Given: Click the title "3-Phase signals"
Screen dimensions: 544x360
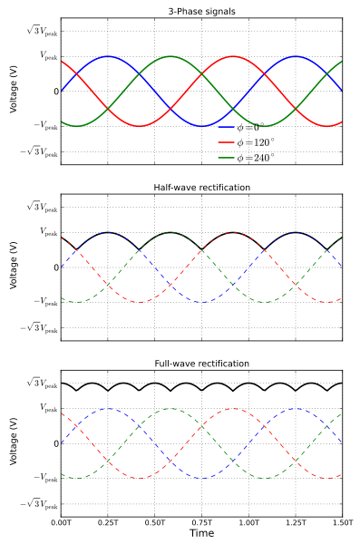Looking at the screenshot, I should [x=201, y=11].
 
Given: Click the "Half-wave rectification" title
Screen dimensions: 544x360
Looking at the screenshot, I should [x=201, y=187].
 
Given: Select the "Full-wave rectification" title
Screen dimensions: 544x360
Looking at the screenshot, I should [x=201, y=364].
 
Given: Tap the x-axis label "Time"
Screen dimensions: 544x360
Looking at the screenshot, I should [x=201, y=534].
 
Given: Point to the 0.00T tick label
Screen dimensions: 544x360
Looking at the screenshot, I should [x=61, y=523].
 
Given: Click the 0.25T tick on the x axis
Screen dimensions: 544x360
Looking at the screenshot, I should [x=108, y=523].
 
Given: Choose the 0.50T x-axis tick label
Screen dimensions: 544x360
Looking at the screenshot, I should [x=154, y=523].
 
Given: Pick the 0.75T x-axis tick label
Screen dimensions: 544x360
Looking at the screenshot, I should [x=201, y=523].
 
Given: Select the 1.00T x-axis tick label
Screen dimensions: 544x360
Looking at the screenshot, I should [x=248, y=523].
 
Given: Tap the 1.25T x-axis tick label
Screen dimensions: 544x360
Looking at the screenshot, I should [x=296, y=523].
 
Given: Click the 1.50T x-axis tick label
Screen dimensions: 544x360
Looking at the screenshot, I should [x=342, y=523].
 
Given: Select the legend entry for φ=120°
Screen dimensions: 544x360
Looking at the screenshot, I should [x=255, y=142].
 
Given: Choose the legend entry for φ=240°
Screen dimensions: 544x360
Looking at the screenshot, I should [x=255, y=158].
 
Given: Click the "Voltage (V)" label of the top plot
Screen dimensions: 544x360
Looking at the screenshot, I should [x=13, y=91].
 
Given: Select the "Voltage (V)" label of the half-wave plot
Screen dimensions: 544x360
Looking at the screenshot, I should [x=13, y=267].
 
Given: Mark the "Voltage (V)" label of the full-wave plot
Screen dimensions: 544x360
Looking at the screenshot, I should [x=13, y=443].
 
